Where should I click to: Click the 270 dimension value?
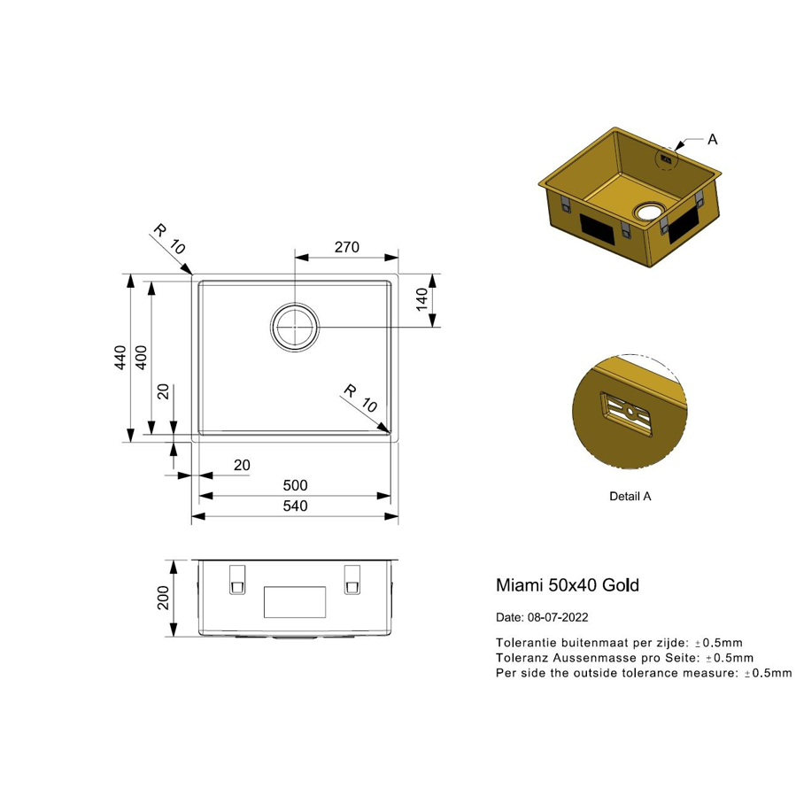[347, 247]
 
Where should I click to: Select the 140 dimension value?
[421, 299]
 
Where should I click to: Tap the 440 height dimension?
[120, 358]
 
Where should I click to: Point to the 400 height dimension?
[142, 358]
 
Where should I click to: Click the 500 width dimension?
[295, 485]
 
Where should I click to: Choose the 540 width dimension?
[295, 506]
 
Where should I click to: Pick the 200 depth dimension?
[163, 598]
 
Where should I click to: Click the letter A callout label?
[713, 139]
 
